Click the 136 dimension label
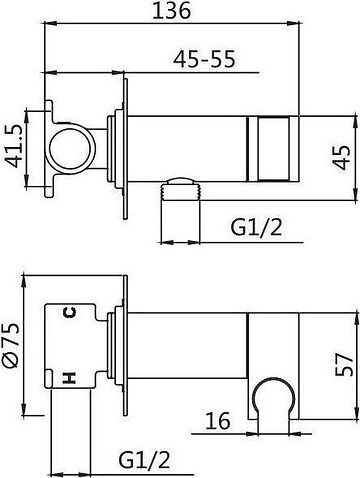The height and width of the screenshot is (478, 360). (x=172, y=11)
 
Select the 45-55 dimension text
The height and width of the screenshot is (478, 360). (x=204, y=59)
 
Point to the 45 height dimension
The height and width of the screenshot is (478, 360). (x=342, y=157)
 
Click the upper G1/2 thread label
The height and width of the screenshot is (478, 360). (x=256, y=228)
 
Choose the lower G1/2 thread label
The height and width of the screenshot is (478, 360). (x=144, y=460)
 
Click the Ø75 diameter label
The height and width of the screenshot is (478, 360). (x=12, y=346)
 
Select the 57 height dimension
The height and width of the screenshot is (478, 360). (x=344, y=365)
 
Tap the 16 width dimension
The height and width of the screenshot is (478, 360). (x=218, y=421)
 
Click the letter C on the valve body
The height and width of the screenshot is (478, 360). (x=70, y=312)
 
